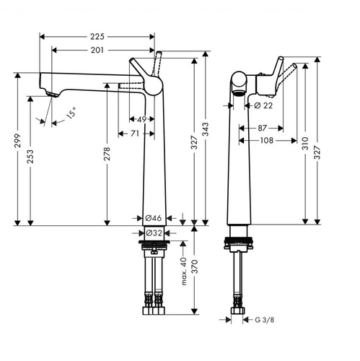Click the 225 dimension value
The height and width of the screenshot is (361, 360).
point(97,37)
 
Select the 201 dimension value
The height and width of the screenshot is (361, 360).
point(97,50)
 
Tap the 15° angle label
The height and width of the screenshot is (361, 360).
point(71,113)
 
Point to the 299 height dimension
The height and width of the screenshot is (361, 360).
point(17,141)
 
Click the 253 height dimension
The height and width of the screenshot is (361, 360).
point(30,157)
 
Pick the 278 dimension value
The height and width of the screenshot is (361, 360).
point(107,154)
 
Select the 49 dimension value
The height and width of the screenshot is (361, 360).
point(142,119)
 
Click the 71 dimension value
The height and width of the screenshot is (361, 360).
point(135,134)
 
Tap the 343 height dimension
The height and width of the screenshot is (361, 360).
point(206,129)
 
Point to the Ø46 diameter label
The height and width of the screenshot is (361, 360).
point(154,218)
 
